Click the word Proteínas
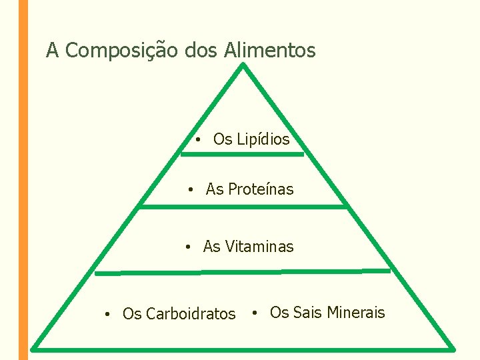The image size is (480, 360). pyautogui.click(x=260, y=189)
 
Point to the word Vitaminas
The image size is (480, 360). pyautogui.click(x=259, y=247)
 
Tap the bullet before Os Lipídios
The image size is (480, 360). pyautogui.click(x=199, y=140)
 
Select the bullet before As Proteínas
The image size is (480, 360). pyautogui.click(x=191, y=190)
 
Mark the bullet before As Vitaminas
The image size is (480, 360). pyautogui.click(x=189, y=247)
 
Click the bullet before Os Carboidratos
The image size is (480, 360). pyautogui.click(x=107, y=314)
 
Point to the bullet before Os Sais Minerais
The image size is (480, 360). pyautogui.click(x=255, y=312)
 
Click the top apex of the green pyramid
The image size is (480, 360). pyautogui.click(x=244, y=65)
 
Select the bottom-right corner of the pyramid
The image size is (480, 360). pyautogui.click(x=453, y=347)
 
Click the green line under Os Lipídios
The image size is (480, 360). pyautogui.click(x=242, y=154)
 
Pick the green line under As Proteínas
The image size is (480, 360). pyautogui.click(x=243, y=207)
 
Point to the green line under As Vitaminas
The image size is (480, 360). pyautogui.click(x=243, y=272)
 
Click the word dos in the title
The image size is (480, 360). pyautogui.click(x=204, y=51)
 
